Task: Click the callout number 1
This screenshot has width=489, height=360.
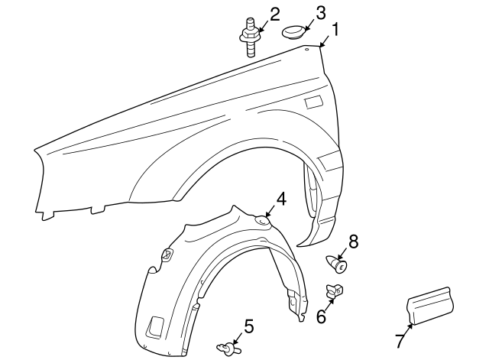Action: coord(335,31)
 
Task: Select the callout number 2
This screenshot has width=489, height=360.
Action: coord(275,15)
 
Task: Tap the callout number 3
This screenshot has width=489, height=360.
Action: coord(321,14)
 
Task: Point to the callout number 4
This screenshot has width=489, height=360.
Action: coord(281,199)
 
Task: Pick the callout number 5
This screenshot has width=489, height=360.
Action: coord(248,326)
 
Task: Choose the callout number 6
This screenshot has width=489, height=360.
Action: coord(321,316)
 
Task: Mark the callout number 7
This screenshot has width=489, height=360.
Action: coord(400,340)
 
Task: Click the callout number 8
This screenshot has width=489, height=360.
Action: coord(353,242)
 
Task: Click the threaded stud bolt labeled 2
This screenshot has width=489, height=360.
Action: coord(250,37)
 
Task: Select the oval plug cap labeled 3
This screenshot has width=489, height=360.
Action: coord(293,32)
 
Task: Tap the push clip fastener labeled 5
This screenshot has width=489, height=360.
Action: coord(228,348)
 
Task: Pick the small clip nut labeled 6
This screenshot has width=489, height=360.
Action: coord(334,290)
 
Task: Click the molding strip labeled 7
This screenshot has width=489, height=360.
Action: coord(430,306)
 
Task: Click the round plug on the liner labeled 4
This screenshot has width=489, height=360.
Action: coord(262,221)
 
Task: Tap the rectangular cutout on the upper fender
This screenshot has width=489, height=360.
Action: coord(314,102)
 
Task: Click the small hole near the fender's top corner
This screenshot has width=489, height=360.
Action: coord(306,49)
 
